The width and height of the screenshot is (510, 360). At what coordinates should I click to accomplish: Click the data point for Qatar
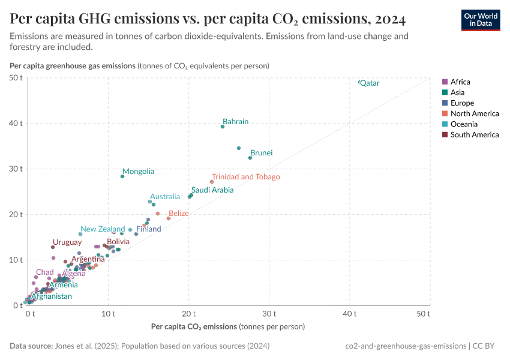tap(359, 82)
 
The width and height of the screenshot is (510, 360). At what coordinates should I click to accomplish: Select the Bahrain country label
tap(235, 122)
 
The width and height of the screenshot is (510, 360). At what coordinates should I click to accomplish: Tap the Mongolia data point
tap(122, 176)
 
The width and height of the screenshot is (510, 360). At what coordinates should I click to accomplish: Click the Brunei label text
tap(261, 153)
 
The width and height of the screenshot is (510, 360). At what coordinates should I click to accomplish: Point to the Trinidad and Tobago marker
tap(212, 182)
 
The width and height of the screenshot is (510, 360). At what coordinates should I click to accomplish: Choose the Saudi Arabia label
tap(212, 190)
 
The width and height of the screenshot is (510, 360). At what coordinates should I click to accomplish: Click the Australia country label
tap(164, 197)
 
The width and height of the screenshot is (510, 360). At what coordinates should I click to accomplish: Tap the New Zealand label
tap(103, 229)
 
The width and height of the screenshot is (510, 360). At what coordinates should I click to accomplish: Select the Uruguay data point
tap(53, 247)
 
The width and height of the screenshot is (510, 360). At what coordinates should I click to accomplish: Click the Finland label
tap(148, 229)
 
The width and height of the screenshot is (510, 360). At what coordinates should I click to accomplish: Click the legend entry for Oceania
tap(464, 124)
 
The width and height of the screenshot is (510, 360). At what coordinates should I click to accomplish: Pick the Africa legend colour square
tap(445, 82)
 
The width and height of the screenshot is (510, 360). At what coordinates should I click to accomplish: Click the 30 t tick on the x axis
tap(269, 314)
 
